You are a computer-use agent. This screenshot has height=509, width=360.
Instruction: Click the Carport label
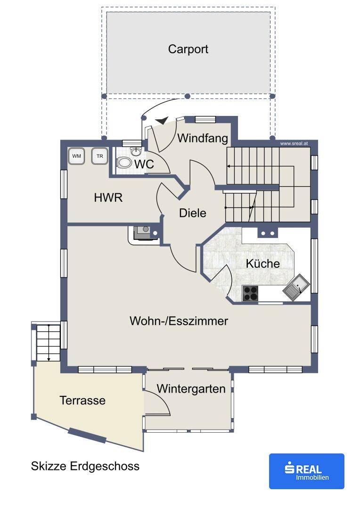click(x=188, y=49)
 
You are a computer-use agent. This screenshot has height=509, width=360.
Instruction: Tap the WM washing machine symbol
click(x=77, y=156)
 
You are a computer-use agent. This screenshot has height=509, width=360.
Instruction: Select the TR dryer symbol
click(x=99, y=156)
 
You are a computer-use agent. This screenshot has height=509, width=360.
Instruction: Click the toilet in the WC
click(x=124, y=162)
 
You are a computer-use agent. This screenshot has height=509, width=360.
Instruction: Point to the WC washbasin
click(x=136, y=152)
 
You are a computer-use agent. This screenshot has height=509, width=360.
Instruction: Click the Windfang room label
click(x=203, y=138)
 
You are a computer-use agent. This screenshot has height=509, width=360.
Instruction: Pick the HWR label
click(x=108, y=197)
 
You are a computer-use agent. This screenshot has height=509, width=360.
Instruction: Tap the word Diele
click(x=193, y=213)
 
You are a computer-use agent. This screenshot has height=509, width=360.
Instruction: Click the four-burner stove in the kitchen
click(x=250, y=293)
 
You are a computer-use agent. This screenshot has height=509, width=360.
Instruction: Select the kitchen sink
click(x=296, y=287)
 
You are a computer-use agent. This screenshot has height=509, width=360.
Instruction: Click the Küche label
click(x=262, y=263)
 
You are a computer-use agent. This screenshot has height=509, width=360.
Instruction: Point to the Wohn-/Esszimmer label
click(x=179, y=321)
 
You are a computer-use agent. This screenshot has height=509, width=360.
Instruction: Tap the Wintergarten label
click(x=191, y=388)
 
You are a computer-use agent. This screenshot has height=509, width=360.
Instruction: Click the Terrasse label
click(x=82, y=400)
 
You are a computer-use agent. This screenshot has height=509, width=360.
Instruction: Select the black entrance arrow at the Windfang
click(x=162, y=121)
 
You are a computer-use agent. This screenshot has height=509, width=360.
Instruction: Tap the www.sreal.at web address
click(x=294, y=143)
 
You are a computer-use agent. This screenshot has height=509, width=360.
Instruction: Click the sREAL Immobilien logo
click(x=306, y=471)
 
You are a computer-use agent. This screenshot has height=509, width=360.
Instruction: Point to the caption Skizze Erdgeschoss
click(x=85, y=466)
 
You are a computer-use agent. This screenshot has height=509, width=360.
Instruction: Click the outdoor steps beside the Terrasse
click(x=48, y=343)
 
